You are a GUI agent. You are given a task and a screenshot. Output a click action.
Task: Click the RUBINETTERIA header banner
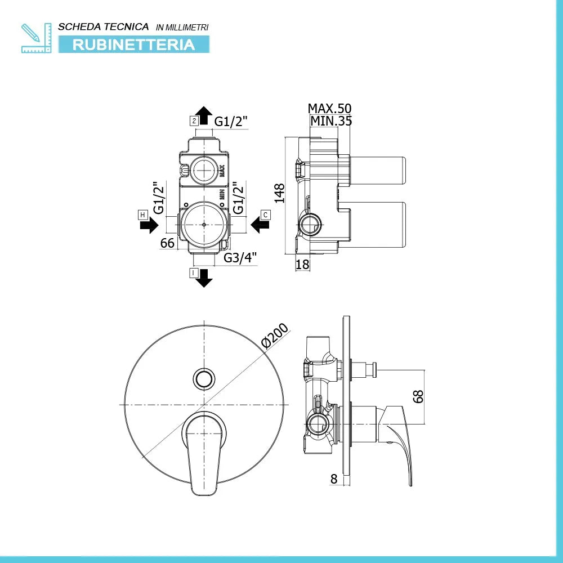pyautogui.click(x=133, y=44)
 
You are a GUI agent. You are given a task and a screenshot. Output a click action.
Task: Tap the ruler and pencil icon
pyautogui.click(x=35, y=38)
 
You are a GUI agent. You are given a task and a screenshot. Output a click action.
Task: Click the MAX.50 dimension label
pyautogui.click(x=329, y=109)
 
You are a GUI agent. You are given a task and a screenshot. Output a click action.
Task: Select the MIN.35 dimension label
pyautogui.click(x=330, y=120)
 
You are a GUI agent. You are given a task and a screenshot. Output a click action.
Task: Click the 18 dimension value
pyautogui.click(x=303, y=264)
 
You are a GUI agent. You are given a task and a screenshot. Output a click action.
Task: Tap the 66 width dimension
pyautogui.click(x=167, y=243)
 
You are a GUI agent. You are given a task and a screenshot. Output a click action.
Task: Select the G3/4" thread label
pyautogui.click(x=240, y=258)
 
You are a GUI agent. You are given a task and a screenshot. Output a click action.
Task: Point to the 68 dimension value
pyautogui.click(x=418, y=397)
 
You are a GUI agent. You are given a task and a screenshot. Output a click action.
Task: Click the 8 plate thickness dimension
pyautogui.click(x=334, y=479)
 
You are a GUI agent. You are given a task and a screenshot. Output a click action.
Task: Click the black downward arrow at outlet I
pyautogui.click(x=203, y=278)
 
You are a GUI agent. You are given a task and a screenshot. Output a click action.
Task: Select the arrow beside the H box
pyautogui.click(x=149, y=226)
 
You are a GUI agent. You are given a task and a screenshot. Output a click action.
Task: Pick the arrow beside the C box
pyautogui.click(x=260, y=225)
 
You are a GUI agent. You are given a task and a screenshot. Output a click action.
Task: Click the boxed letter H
pyautogui.click(x=143, y=215)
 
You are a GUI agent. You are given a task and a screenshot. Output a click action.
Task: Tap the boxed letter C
pyautogui.click(x=266, y=215)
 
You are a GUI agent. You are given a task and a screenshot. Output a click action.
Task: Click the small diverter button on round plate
pyautogui.click(x=204, y=378)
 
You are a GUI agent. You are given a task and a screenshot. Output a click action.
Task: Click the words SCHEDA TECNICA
pyautogui.click(x=104, y=26)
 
